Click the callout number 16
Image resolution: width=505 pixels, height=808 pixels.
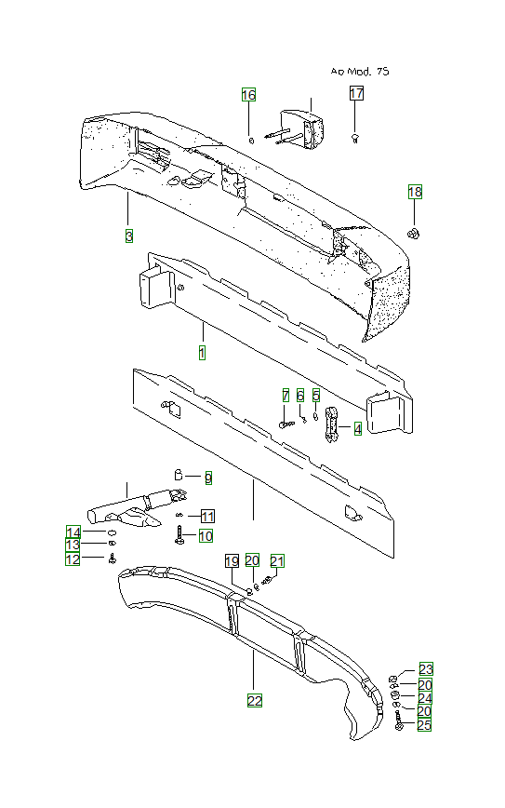pos(248,95)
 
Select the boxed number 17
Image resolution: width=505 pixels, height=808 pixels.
pos(356,93)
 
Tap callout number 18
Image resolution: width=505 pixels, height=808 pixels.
pos(415,192)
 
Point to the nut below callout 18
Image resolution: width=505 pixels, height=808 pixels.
pos(413,234)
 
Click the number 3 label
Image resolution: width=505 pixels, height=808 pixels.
pos(129,236)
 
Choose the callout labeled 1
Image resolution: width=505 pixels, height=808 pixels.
pos(203,353)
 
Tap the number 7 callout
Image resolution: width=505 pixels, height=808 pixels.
pos(286,396)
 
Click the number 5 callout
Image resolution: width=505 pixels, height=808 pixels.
pos(316,396)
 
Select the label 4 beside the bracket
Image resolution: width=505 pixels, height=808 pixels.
pos(358,428)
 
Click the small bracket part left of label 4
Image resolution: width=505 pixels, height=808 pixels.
pos(331,424)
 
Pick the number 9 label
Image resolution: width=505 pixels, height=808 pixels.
pos(208,478)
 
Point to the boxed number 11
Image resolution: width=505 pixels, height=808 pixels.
pos(207,516)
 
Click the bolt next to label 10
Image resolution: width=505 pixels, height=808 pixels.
pos(179,535)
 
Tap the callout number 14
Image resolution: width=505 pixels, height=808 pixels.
pos(73,532)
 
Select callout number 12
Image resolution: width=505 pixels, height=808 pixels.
pos(73,559)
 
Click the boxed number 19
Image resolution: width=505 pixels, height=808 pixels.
pos(233,561)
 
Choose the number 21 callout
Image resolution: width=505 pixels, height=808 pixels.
pos(277,560)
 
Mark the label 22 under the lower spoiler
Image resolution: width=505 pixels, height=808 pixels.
pos(255,701)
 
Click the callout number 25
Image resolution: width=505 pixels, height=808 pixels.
pos(424,725)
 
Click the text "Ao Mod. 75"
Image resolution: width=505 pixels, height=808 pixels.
pos(360,71)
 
